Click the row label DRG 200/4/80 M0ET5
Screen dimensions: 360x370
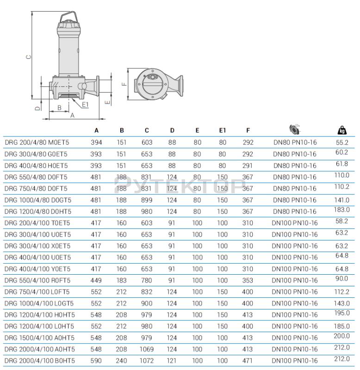tap(37, 142)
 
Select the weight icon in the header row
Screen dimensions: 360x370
tap(342, 130)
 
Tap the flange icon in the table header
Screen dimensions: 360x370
tap(295, 129)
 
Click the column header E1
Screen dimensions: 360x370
tap(223, 130)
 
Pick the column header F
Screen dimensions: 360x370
tap(248, 130)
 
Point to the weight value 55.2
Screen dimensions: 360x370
tap(342, 142)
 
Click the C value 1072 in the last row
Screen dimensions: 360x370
tap(147, 361)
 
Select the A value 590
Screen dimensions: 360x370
tap(96, 361)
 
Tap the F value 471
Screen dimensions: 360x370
tap(248, 361)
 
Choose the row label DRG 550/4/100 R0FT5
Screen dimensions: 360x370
tap(37, 280)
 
